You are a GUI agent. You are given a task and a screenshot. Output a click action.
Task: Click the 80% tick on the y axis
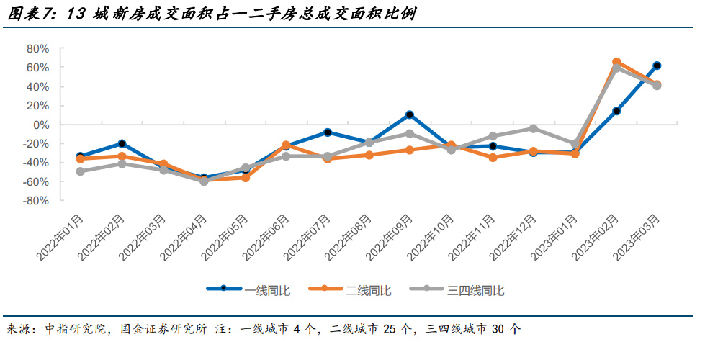37,48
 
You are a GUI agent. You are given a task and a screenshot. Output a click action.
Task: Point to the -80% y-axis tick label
36,201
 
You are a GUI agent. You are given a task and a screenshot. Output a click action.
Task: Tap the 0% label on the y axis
41,125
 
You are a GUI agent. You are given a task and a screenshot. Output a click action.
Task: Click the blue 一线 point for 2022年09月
410,114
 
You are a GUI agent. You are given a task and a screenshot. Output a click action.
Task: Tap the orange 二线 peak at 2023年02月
616,62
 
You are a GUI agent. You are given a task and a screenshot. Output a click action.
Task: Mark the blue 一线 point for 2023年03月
657,66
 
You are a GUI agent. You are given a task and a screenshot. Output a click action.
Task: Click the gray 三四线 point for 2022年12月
534,128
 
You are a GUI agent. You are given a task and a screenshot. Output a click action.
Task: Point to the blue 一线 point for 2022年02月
122,143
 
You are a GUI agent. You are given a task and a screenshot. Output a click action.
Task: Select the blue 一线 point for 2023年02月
616,111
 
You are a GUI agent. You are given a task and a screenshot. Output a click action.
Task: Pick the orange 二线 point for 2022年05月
246,177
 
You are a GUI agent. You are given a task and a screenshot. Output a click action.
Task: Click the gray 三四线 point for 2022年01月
81,171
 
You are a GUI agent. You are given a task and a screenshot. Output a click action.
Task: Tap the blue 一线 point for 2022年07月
328,132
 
